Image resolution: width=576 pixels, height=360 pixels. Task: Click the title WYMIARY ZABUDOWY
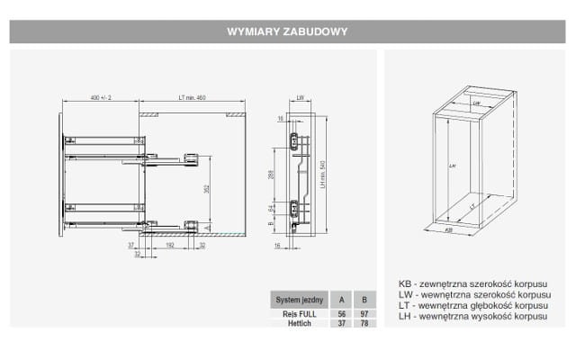pos(288,31)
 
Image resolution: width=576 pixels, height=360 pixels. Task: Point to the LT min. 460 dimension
pos(192,97)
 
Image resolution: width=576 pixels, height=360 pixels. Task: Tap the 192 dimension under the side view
pos(171,244)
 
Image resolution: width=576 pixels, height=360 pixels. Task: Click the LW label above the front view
pos(300,97)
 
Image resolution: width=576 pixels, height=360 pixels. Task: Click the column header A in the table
pos(341,299)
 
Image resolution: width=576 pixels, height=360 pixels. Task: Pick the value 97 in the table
pos(364,312)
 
